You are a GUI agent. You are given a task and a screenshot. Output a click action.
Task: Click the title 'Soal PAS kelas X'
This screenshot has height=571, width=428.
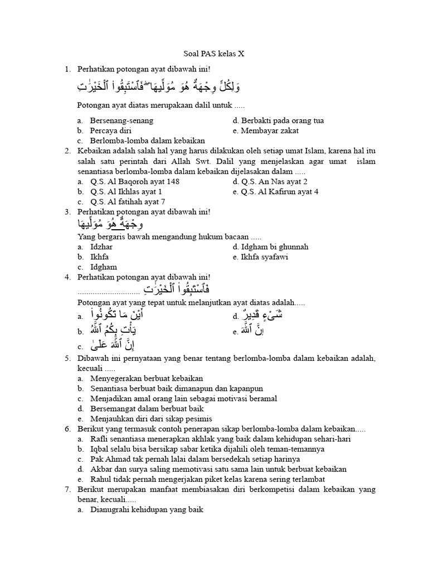(214, 54)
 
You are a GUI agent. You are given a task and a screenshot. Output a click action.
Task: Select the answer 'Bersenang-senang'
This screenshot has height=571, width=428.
(121, 120)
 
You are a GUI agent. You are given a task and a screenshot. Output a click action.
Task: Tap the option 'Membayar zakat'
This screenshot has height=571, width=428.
(270, 130)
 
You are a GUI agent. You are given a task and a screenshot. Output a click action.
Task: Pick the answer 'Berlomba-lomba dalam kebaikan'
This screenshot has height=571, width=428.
(147, 141)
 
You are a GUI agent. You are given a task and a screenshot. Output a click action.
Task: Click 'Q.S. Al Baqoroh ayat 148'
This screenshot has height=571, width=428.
(134, 181)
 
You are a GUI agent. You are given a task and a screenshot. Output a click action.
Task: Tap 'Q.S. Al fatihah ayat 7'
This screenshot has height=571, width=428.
(127, 201)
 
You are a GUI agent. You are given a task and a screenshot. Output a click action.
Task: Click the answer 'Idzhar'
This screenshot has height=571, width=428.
(101, 246)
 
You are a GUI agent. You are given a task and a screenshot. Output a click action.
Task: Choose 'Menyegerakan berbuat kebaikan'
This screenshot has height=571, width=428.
(146, 378)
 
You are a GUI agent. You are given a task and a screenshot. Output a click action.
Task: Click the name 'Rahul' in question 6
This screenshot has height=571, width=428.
(100, 478)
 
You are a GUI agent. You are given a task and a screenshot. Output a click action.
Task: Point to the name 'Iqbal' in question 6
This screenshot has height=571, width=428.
(100, 448)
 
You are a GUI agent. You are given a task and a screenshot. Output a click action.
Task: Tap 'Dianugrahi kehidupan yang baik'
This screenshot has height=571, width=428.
(147, 509)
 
